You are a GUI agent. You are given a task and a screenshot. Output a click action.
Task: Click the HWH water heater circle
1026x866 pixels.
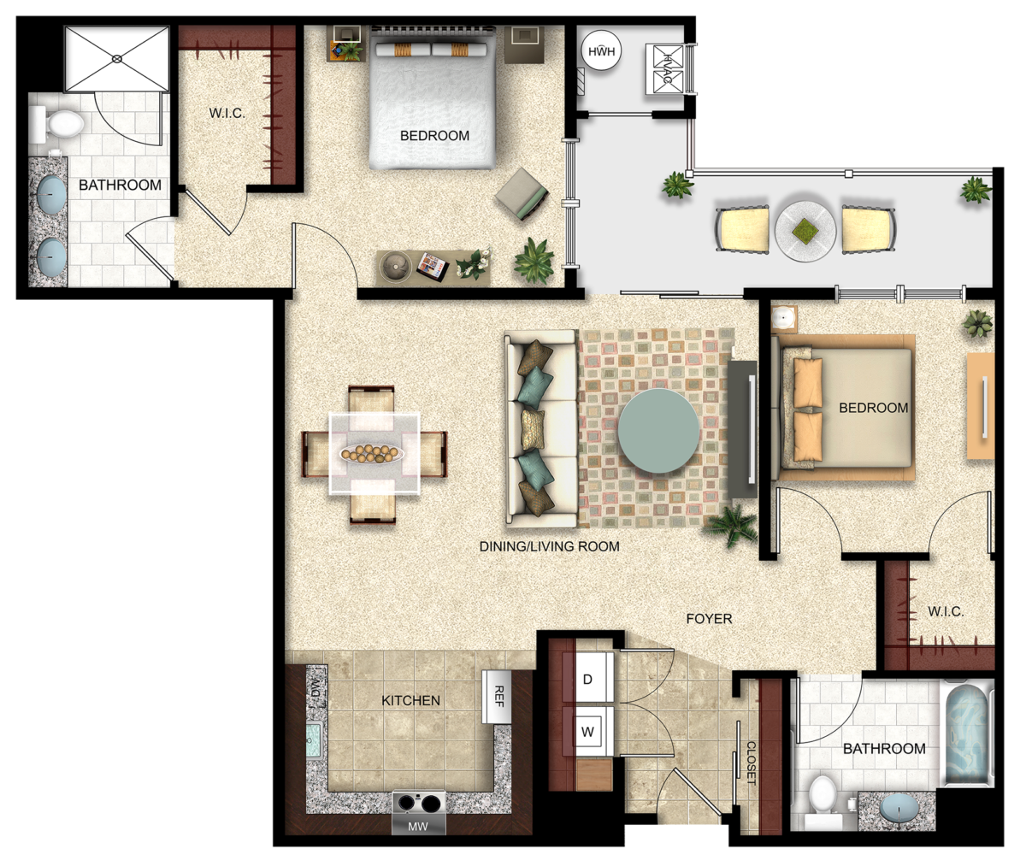pos(601,51)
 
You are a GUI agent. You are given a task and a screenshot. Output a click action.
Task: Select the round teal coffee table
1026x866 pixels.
pos(658,431)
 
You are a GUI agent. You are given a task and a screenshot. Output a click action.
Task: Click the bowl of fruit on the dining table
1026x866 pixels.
pos(371,453)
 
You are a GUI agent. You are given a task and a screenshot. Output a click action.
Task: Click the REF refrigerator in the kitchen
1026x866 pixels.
pos(496,697)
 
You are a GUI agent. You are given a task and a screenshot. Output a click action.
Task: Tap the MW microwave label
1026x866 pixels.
pos(418,827)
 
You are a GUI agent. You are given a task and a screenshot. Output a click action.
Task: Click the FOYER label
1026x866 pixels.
pos(709,619)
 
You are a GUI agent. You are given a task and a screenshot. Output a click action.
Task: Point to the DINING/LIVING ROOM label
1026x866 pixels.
pos(550,546)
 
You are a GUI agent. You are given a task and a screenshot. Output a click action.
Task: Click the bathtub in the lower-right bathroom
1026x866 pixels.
pos(966,733)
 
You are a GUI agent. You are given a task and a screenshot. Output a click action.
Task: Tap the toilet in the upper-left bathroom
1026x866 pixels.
pos(57,126)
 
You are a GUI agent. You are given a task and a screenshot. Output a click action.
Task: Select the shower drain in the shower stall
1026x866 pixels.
pos(117,59)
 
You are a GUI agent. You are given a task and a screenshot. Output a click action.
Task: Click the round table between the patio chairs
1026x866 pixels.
pos(805,230)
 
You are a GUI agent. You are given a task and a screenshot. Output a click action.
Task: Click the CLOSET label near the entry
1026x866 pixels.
pos(751,763)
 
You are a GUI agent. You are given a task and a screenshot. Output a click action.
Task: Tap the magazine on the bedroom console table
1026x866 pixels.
pos(433,267)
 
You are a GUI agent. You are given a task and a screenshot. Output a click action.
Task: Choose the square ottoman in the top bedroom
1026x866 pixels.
pos(522,195)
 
